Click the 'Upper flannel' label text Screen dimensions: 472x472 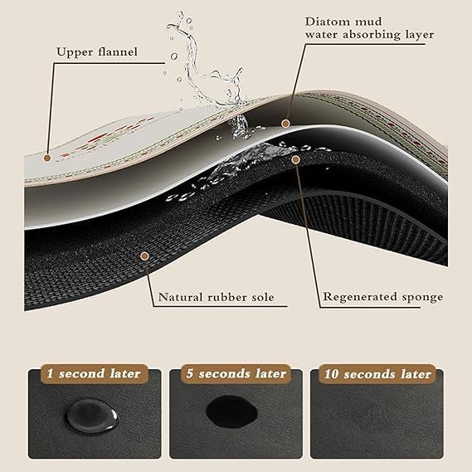(x=97, y=52)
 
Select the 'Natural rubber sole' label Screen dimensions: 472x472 (x=217, y=298)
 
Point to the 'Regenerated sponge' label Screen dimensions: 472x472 (x=383, y=297)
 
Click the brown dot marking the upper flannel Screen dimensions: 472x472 (x=47, y=158)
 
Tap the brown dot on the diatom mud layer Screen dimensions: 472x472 (x=285, y=124)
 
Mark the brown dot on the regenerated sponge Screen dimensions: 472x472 (x=296, y=159)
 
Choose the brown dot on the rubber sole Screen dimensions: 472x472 (x=145, y=256)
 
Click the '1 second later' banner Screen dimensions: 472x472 (x=94, y=373)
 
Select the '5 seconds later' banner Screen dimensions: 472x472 (x=236, y=373)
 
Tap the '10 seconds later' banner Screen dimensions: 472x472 (x=377, y=374)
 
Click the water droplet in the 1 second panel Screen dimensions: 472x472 (x=91, y=416)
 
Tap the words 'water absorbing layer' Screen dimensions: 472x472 (x=369, y=35)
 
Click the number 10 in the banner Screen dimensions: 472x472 (x=332, y=374)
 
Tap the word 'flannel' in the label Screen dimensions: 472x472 (x=118, y=51)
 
